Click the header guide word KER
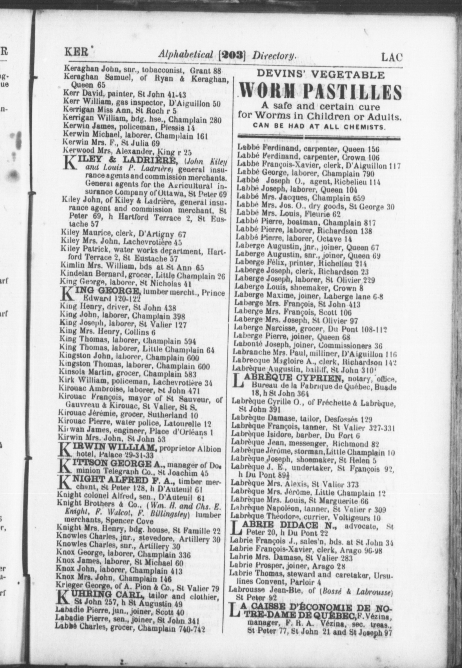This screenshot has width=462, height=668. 76,52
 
